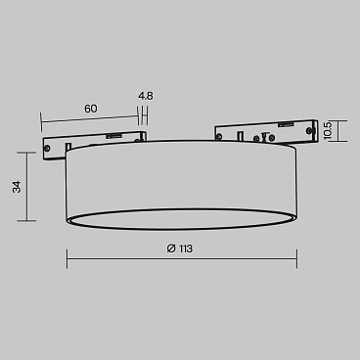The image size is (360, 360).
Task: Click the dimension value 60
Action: click(x=90, y=109)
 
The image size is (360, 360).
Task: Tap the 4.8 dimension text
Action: click(x=146, y=97)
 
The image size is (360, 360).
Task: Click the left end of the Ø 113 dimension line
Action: click(x=67, y=259)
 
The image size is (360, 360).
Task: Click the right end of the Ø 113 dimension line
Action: click(x=296, y=259)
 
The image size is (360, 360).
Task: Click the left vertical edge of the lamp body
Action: click(x=67, y=186)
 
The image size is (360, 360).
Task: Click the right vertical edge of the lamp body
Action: click(x=296, y=186)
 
